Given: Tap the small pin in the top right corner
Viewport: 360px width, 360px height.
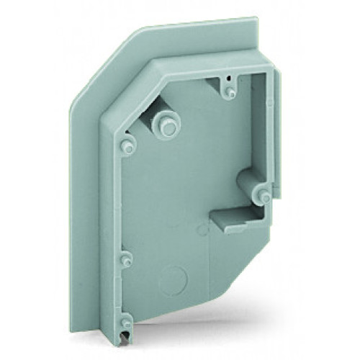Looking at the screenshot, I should [229, 91].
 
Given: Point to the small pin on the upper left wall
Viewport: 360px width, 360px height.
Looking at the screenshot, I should [127, 146].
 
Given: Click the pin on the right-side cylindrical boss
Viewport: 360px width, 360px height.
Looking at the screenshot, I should [264, 193].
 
